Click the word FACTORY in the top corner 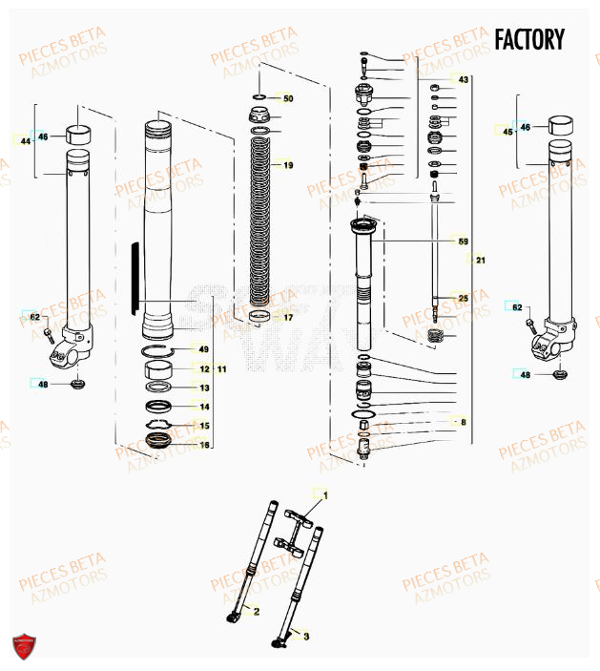coord(528,39)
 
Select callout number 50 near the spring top coord(288,98)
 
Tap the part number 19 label coord(288,165)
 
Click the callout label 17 coord(288,317)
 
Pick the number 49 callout coord(203,349)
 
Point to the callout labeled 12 coord(203,368)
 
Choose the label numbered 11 coord(222,368)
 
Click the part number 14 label coord(203,407)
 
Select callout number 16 coord(203,445)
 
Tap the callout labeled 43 coord(463,79)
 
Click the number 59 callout coord(463,241)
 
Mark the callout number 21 coord(480,261)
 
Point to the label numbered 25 coord(463,299)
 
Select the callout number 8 coord(463,422)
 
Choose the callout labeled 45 coord(507,133)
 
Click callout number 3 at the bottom coord(305,634)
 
